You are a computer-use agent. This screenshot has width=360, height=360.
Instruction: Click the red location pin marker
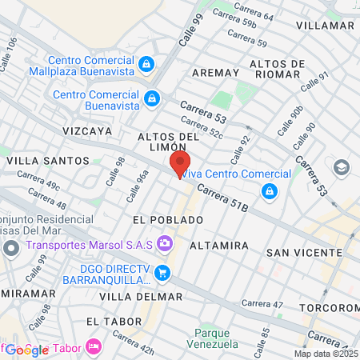coord(178,164)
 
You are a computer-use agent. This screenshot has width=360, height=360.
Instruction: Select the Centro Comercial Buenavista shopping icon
coord(151,99)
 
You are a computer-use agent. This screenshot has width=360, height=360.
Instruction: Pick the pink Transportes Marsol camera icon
coord(165,241)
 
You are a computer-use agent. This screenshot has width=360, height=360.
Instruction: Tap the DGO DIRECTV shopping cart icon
coord(162,273)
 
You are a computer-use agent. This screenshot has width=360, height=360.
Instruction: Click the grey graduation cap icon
coord(342,167)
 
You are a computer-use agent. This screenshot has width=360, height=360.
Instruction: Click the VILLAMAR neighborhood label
coord(324,26)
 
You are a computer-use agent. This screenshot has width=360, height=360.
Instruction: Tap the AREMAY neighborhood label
coord(216,72)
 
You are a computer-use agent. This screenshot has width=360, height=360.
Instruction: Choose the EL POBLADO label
coord(168,219)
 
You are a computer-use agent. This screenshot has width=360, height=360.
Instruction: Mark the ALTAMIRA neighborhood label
coord(218,246)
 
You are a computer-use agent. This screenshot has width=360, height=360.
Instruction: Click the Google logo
coord(26,349)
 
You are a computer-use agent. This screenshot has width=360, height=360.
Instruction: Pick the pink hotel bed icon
coord(94,346)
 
